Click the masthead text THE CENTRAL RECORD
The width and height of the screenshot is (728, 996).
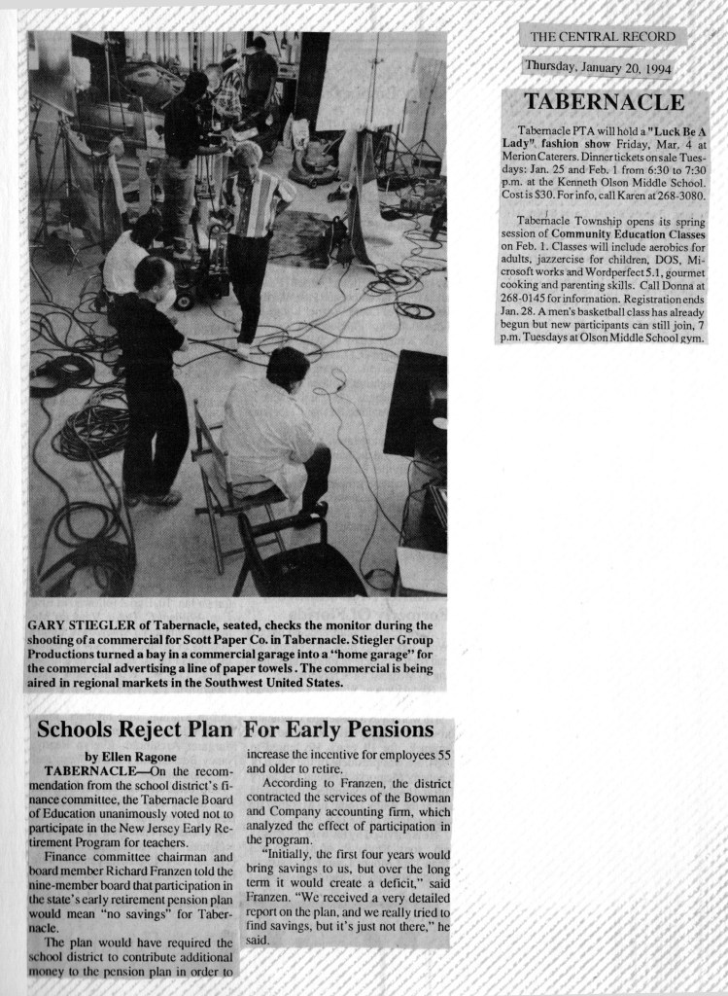pos(602,37)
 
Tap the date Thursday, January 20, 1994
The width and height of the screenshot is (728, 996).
pos(597,66)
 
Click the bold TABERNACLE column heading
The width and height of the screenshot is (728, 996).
pos(605,101)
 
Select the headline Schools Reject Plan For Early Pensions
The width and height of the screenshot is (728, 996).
pos(234,729)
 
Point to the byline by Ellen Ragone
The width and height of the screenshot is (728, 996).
pos(124,755)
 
